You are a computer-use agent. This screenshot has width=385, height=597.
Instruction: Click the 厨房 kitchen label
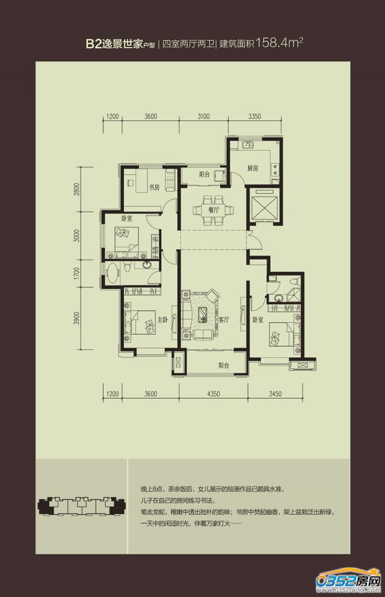pos(253,168)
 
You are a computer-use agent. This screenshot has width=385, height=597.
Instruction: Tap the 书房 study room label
pos(154,187)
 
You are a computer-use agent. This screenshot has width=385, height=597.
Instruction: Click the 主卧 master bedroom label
pos(162,320)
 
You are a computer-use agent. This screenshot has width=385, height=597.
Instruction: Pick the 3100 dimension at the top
pos(203,117)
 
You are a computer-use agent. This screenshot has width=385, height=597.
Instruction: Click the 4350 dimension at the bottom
pos(214,394)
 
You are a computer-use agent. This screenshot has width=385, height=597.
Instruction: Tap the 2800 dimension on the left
pos(78,189)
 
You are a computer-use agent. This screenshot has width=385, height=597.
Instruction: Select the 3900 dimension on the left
pos(78,318)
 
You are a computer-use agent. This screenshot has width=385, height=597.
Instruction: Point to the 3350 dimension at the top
pos(254,117)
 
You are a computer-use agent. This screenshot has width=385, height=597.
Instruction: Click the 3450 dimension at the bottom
pos(275,394)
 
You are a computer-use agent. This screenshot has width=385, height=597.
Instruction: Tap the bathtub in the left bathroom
pos(112,273)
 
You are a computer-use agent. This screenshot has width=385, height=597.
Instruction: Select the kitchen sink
pos(248,145)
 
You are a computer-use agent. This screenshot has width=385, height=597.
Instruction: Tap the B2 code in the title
pos(93,44)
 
